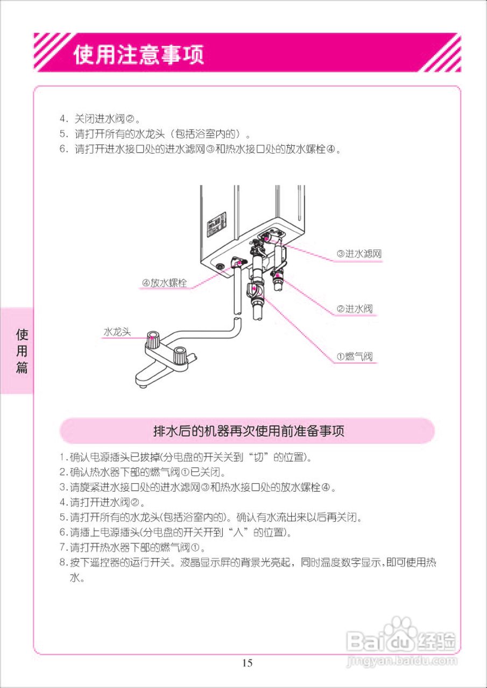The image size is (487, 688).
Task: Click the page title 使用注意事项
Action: pos(139,54)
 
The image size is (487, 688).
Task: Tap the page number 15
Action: pos(247,663)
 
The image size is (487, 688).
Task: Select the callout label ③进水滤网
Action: pos(359,254)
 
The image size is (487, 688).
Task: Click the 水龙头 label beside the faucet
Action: pos(117,332)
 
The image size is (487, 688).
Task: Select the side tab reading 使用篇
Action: pos(22,352)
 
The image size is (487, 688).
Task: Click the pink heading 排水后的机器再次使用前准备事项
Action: pos(248,431)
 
